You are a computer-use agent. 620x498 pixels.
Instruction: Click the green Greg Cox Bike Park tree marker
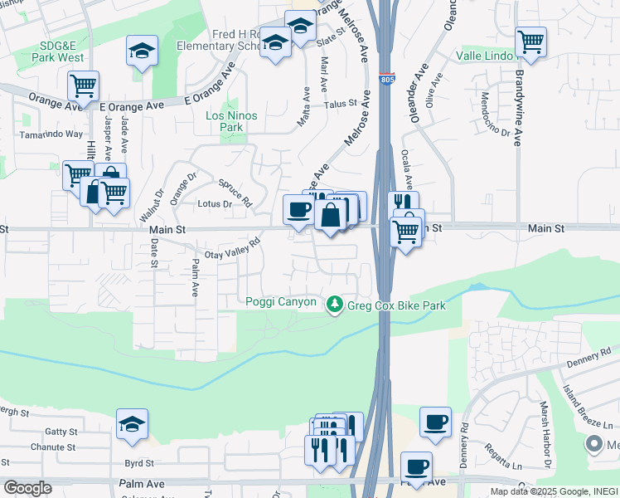point(335,305)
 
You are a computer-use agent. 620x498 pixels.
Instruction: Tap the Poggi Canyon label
point(281,301)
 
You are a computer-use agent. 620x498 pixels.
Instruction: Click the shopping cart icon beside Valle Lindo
point(530,41)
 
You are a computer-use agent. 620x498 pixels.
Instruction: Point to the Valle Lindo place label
point(485,56)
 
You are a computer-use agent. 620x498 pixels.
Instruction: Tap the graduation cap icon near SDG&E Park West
point(142,51)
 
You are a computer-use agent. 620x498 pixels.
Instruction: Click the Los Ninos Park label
point(231,121)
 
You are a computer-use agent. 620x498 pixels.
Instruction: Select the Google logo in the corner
point(27,488)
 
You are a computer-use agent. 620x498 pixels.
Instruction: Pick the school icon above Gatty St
point(132,425)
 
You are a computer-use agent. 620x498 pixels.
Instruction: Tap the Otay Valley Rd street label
point(233,249)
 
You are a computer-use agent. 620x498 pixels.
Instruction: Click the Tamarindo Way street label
point(51,134)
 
